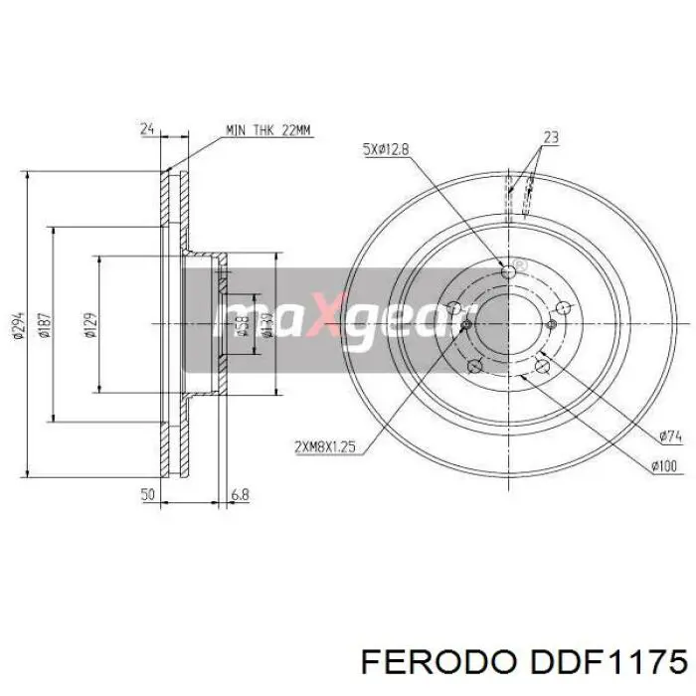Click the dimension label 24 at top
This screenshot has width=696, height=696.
147,127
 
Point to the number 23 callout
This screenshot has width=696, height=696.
552,137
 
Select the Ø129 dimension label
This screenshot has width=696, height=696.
89,325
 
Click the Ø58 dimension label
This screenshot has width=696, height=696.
242,325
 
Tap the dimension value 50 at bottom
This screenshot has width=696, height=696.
147,494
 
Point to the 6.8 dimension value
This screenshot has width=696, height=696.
240,494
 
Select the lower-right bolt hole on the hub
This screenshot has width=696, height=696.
542,368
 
